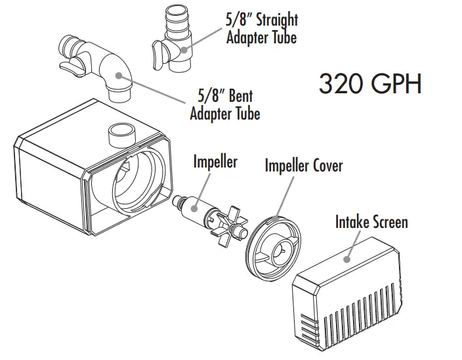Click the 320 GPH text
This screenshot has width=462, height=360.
369,83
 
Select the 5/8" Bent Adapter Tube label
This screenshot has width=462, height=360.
224,104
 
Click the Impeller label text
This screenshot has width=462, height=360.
215,162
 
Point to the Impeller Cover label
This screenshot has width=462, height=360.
303,165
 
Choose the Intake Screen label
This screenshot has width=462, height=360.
371,221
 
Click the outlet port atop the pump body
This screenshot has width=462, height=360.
122,134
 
